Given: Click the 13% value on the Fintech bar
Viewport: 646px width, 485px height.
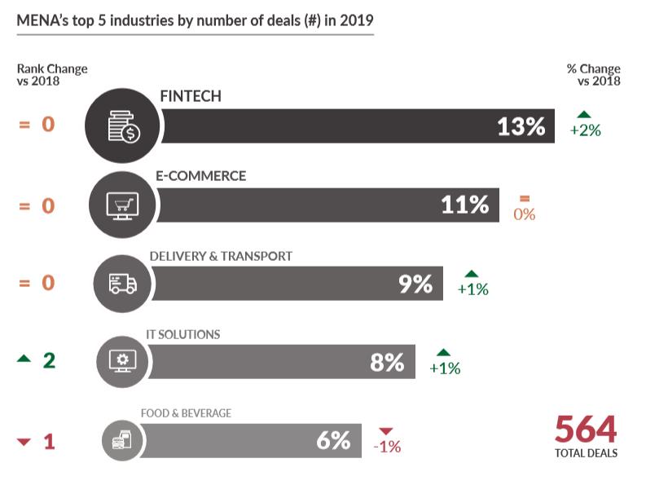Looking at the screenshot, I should click(521, 126).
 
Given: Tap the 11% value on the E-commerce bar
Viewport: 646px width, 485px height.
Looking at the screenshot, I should click(464, 205).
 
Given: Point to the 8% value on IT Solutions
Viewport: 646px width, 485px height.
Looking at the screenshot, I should click(387, 362).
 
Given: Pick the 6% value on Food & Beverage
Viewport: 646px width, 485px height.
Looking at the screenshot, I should click(333, 440).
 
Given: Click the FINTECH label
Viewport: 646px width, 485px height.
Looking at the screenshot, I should click(191, 97).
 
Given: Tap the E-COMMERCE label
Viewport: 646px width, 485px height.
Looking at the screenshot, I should click(200, 176).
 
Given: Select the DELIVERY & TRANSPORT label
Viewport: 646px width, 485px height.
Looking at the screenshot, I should click(221, 256).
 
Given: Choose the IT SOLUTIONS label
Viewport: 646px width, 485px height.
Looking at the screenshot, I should click(182, 334).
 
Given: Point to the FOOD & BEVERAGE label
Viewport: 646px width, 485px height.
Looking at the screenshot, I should click(186, 413).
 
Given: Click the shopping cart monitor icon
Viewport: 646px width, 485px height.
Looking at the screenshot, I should click(123, 205).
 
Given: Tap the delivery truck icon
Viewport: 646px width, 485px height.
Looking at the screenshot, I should click(123, 284).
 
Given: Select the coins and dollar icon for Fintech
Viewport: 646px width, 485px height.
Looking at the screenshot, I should click(124, 126).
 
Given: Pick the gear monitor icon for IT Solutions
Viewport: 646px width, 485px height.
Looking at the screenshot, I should click(123, 361).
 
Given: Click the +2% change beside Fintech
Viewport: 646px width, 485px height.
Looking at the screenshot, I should click(585, 130).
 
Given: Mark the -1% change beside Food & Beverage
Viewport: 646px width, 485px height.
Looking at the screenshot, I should click(386, 447).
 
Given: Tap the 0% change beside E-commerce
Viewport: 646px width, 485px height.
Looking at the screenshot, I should click(524, 214).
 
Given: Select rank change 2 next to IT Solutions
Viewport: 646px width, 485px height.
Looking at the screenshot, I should click(49, 360).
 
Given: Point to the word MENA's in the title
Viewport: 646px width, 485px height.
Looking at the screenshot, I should click(42, 20).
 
